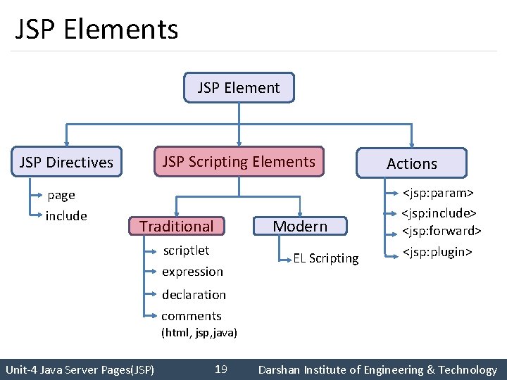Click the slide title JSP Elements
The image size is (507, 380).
(96, 30)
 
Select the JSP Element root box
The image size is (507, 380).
(239, 88)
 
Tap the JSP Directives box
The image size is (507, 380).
(66, 163)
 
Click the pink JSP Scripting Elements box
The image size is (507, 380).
(239, 162)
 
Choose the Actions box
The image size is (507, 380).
(412, 163)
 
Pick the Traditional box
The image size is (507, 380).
(176, 226)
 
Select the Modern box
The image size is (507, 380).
(300, 226)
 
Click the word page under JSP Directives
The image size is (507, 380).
(61, 195)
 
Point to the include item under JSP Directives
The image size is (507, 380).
(66, 216)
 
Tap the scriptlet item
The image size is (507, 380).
(186, 251)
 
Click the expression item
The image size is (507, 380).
(192, 272)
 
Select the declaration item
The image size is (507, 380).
(194, 295)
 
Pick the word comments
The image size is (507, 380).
(192, 316)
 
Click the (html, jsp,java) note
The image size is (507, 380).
(199, 332)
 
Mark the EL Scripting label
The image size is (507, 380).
(326, 258)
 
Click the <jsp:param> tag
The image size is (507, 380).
(437, 192)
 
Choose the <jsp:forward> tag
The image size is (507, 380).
(442, 230)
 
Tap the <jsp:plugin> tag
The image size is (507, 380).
(437, 252)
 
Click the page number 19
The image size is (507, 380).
(220, 369)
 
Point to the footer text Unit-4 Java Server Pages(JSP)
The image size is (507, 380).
(80, 369)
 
